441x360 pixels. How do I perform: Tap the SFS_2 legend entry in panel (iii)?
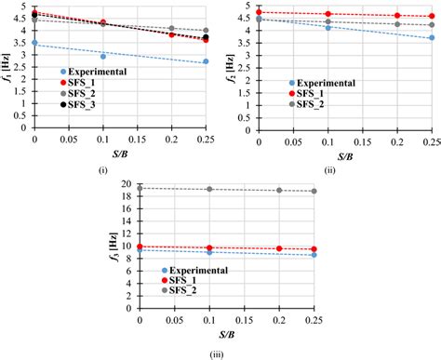click(x=192, y=292)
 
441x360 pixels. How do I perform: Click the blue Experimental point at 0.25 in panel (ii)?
click(x=431, y=38)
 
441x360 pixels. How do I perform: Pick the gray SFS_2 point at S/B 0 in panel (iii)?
click(x=140, y=188)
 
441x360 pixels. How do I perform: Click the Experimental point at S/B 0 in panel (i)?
click(x=34, y=43)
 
